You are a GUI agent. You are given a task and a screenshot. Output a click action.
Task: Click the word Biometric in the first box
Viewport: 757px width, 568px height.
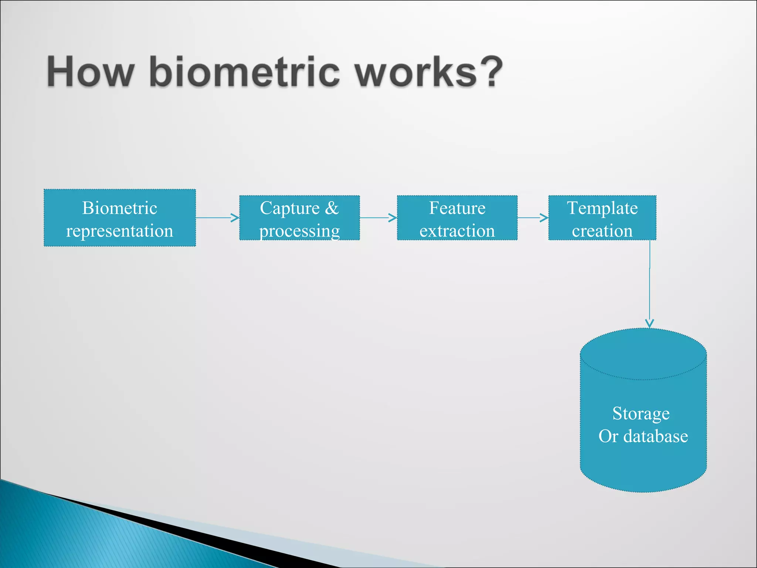[120, 208]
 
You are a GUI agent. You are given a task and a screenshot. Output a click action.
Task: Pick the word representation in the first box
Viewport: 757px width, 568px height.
[119, 231]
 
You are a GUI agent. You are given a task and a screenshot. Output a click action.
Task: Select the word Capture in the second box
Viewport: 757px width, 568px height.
[289, 208]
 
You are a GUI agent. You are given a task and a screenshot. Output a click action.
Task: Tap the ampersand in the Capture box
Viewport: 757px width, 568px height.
[332, 208]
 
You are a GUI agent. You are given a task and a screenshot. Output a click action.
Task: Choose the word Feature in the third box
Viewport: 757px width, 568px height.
[457, 208]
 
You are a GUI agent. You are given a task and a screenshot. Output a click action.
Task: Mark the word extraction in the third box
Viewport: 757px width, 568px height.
[457, 231]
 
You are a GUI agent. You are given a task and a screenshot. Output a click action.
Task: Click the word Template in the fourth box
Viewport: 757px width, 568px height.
[602, 208]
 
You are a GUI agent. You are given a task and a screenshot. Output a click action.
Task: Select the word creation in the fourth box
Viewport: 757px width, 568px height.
[602, 231]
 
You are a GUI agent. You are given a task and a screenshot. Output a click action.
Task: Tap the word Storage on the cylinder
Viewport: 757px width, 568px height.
[641, 413]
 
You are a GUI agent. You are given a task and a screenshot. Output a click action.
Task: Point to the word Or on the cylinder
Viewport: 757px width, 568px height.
[608, 436]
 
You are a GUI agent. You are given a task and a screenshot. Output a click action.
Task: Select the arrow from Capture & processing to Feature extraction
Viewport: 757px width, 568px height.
[378, 218]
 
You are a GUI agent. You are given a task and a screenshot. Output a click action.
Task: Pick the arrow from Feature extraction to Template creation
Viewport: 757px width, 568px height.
[533, 218]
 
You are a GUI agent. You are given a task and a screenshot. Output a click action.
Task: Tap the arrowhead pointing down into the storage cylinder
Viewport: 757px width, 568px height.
[649, 323]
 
